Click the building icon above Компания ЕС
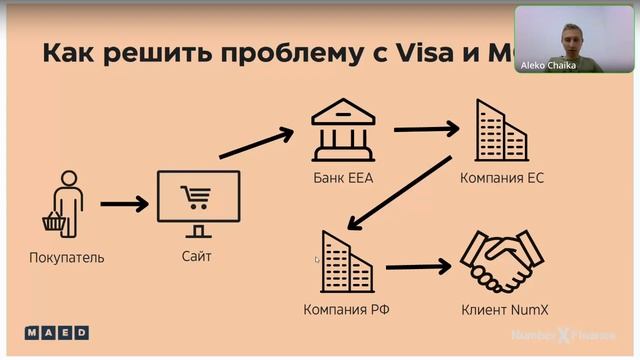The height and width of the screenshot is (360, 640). coord(500,132)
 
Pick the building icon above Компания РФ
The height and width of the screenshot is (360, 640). coord(345,263)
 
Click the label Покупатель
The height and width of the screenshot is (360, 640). coord(67,257)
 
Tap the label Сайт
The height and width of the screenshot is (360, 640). coord(197,256)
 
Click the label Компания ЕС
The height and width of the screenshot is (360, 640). coord(501,178)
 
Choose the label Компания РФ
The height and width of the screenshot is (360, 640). coord(346,309)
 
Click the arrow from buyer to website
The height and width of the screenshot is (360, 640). coord(125,204)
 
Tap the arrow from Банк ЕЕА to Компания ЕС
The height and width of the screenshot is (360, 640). coord(426,128)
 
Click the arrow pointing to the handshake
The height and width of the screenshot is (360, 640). coord(418,267)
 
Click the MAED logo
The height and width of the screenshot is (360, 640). coord(56,331)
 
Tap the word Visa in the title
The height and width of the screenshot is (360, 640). coord(421,53)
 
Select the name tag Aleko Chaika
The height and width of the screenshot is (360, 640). coord(548,64)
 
